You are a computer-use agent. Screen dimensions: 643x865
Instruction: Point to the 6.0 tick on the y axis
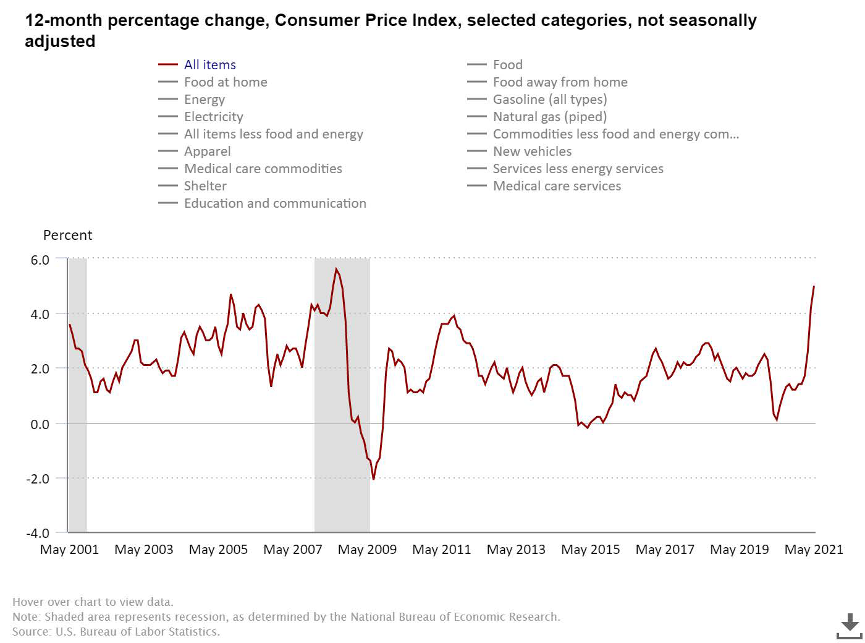tap(40, 260)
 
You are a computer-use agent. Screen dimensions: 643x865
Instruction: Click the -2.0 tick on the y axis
tap(38, 479)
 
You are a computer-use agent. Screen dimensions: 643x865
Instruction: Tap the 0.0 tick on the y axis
tap(40, 424)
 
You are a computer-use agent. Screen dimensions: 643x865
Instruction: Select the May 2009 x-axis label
tap(367, 550)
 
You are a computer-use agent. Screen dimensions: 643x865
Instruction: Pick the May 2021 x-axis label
tap(813, 550)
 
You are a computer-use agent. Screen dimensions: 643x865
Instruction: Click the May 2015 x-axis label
tap(590, 550)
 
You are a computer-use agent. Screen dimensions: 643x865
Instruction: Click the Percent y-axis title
tap(67, 236)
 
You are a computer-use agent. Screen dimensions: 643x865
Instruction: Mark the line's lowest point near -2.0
tap(373, 479)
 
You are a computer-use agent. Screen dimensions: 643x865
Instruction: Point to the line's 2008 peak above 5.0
tap(336, 269)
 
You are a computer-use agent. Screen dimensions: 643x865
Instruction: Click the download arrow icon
tap(850, 626)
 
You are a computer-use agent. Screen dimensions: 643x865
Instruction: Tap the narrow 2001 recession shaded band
tap(77, 396)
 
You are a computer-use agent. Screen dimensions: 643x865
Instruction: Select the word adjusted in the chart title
tap(60, 41)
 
